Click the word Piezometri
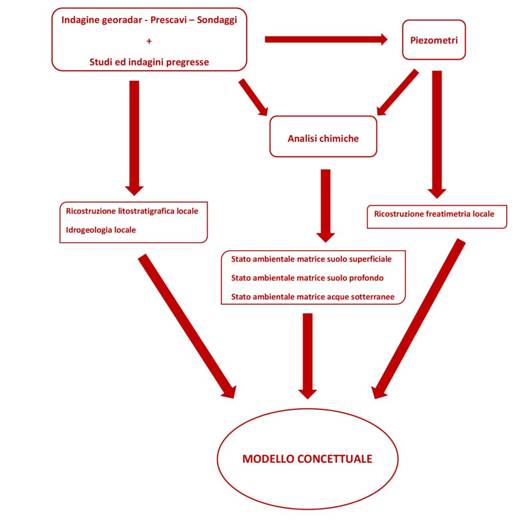click(434, 40)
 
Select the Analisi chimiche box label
click(323, 138)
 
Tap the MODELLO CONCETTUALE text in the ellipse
click(307, 459)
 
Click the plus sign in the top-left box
click(149, 41)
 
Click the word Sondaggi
click(217, 20)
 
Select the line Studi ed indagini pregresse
click(149, 62)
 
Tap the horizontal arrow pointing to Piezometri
click(326, 39)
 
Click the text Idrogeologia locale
click(101, 230)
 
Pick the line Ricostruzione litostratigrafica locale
click(132, 211)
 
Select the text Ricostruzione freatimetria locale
click(434, 214)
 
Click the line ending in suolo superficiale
click(311, 259)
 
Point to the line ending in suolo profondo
click(307, 278)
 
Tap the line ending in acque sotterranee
click(313, 297)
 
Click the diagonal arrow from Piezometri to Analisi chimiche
click(397, 92)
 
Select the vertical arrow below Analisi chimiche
click(326, 206)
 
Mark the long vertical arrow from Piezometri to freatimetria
click(437, 134)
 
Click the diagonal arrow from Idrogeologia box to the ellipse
click(187, 326)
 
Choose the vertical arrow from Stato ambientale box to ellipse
click(308, 356)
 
